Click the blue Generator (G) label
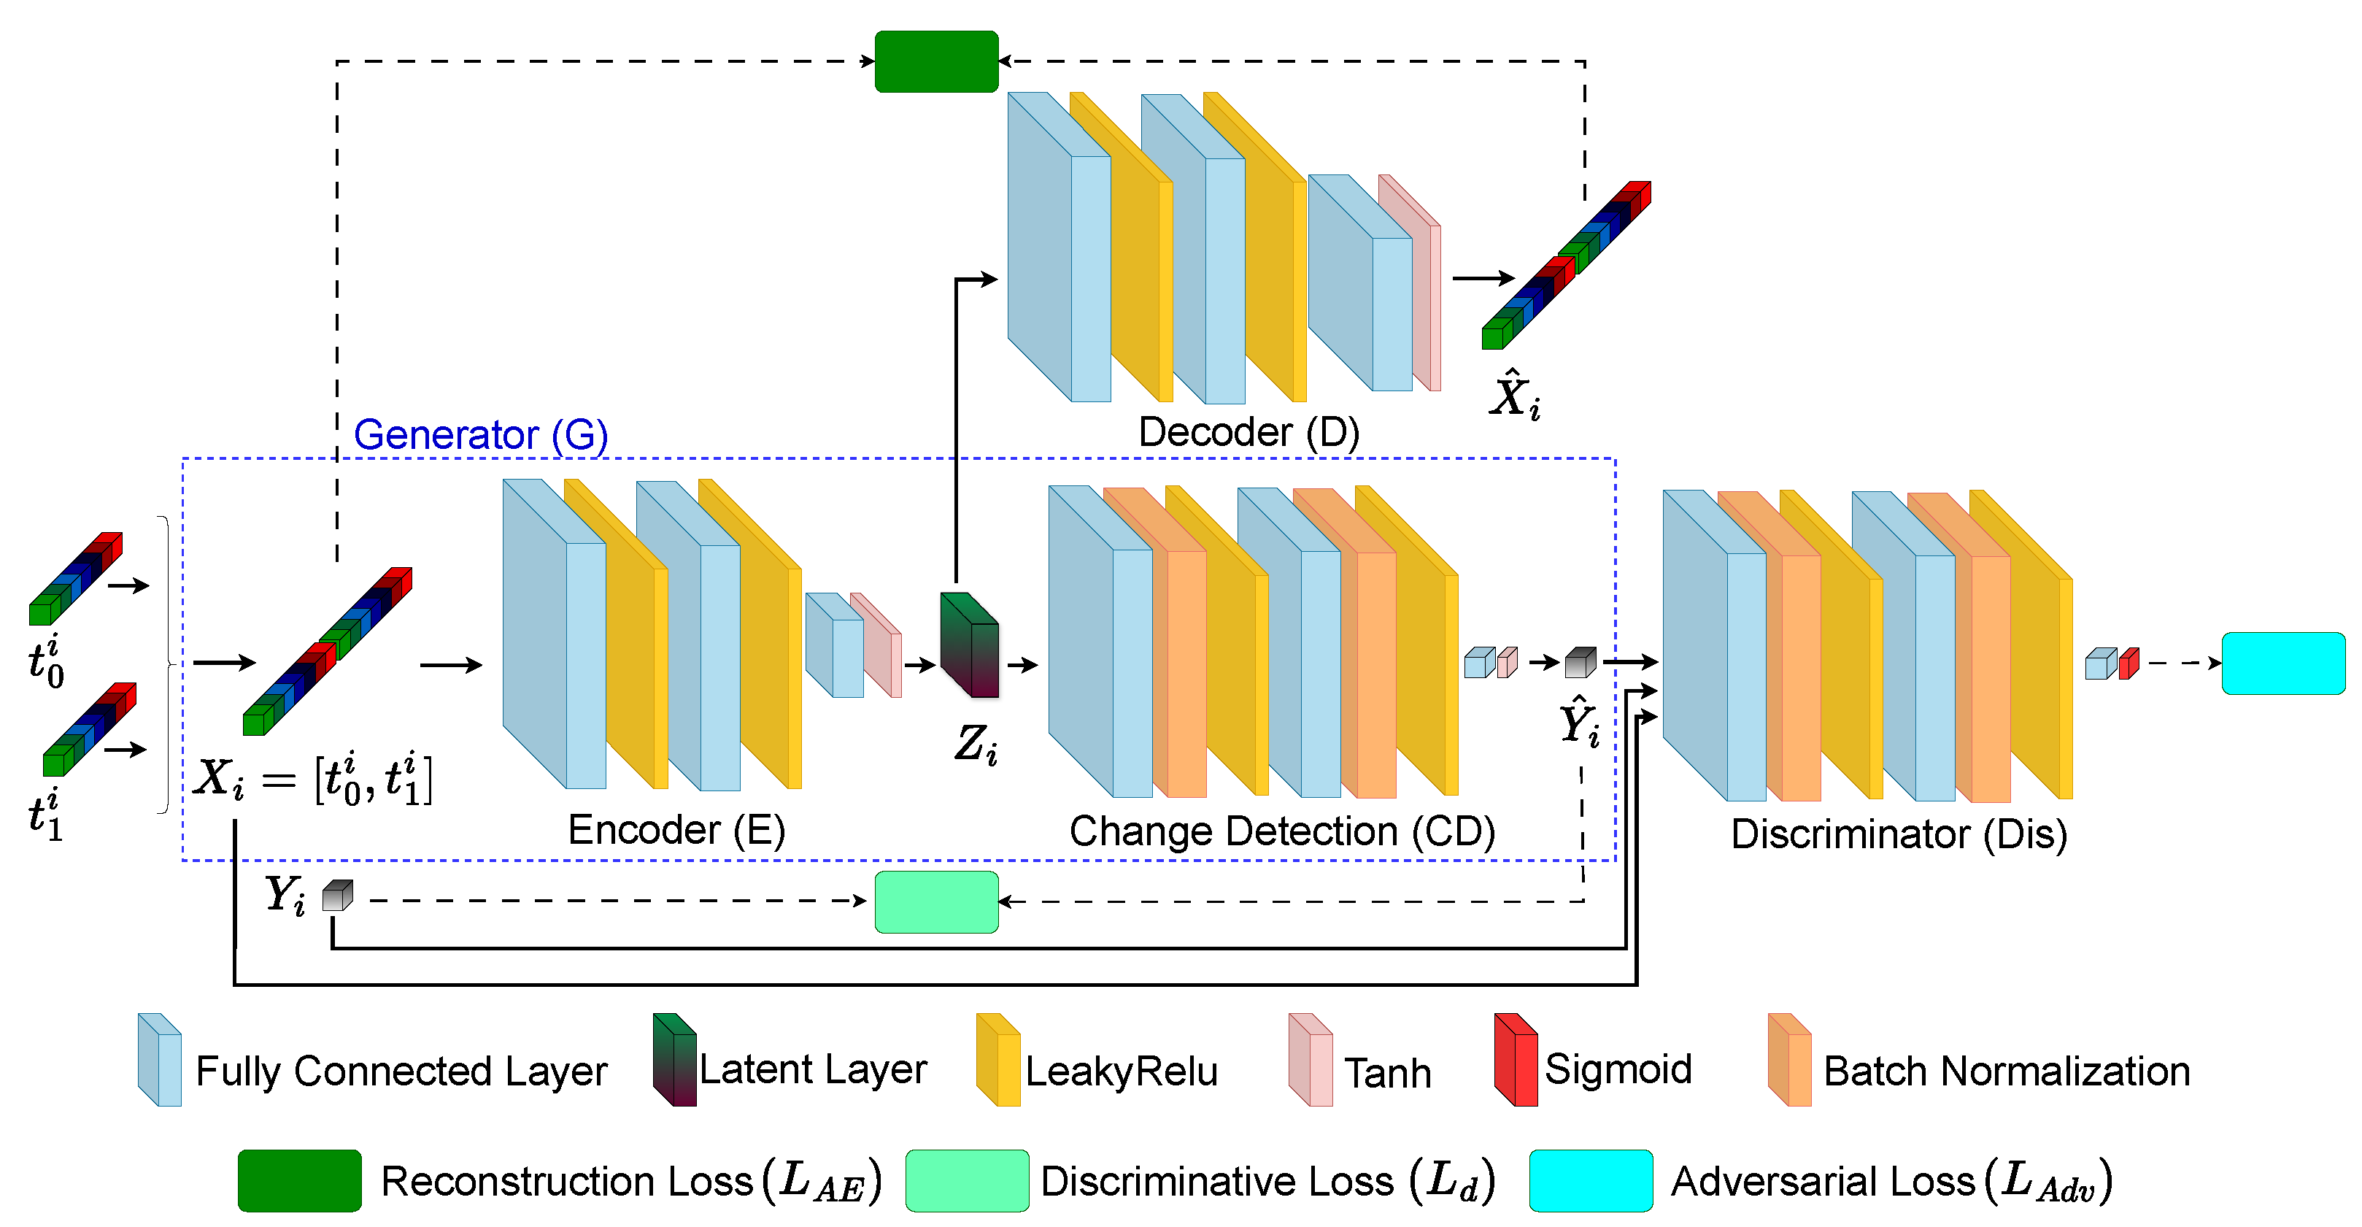480,435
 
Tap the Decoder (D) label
1248,432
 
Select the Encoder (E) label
676,830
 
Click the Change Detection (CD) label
1282,832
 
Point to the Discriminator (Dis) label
1899,834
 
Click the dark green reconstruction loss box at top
936,61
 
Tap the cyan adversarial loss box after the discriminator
2283,663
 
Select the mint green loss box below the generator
936,902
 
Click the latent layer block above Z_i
970,644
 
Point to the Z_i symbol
976,743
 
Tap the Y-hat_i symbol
1580,723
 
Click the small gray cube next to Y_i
337,896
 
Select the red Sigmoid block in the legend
1515,1060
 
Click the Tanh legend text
1387,1073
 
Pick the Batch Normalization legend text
2006,1071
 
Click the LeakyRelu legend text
1121,1071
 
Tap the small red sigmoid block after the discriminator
2129,663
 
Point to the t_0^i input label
46,662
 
